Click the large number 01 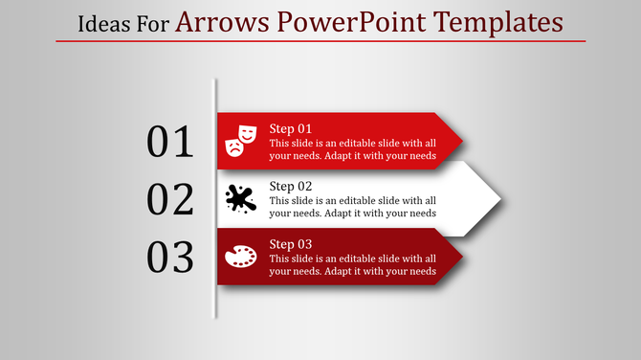[170, 142]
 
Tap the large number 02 [170, 199]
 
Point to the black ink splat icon [240, 198]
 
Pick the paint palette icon [240, 257]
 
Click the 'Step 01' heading [290, 128]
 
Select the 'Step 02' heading [291, 186]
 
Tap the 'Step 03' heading [291, 243]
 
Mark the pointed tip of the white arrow [500, 199]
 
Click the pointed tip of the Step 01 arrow [462, 142]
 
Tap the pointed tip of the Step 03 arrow [462, 257]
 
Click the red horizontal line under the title [320, 41]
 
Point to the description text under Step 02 [353, 207]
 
